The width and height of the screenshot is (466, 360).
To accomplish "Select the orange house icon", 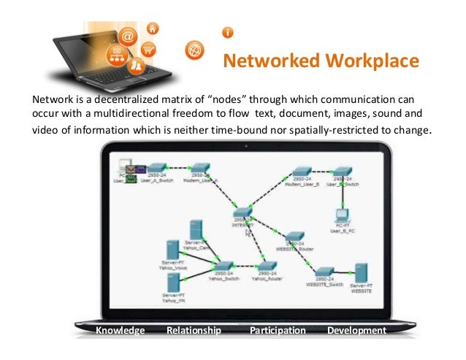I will [153, 29].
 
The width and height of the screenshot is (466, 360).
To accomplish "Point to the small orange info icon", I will [228, 33].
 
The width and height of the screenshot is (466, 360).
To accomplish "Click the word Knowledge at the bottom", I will [121, 331].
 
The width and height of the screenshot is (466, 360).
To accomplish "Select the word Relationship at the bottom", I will [194, 331].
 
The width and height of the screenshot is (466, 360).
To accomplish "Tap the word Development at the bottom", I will [356, 331].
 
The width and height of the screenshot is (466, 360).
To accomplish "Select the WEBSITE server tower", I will [359, 275].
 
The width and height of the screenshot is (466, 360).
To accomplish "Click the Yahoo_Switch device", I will [224, 267].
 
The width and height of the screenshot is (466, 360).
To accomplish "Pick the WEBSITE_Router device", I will [294, 238].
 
